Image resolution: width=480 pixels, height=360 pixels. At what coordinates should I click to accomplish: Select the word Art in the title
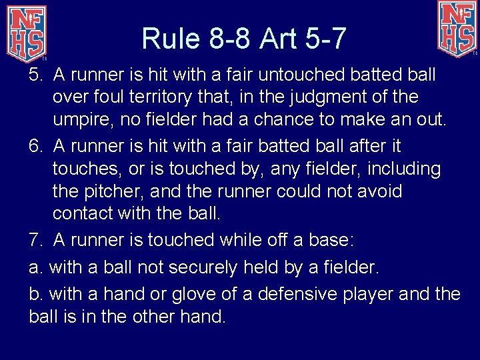281,39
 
